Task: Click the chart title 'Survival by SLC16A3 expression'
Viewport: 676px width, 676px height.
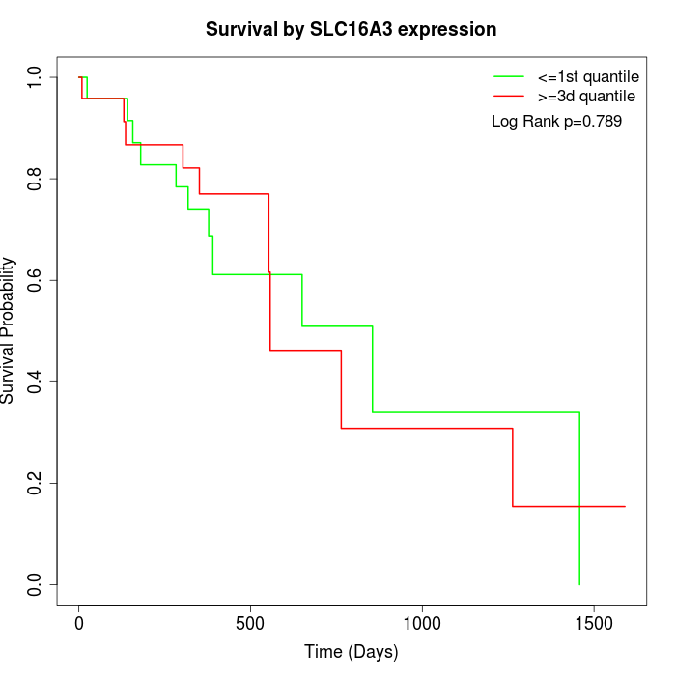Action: pyautogui.click(x=351, y=30)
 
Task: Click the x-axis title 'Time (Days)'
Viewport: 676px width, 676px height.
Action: pyautogui.click(x=351, y=652)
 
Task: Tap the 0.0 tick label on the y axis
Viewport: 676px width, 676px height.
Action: pyautogui.click(x=36, y=584)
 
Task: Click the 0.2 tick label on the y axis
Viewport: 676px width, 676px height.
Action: pyautogui.click(x=36, y=483)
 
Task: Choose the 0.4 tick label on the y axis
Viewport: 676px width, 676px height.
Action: pyautogui.click(x=36, y=381)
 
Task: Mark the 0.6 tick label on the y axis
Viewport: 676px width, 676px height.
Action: pyautogui.click(x=36, y=280)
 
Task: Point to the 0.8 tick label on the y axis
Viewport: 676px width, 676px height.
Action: pyautogui.click(x=36, y=179)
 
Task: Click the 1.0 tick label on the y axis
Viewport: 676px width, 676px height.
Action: pyautogui.click(x=36, y=77)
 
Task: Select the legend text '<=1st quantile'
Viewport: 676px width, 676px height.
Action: pyautogui.click(x=587, y=76)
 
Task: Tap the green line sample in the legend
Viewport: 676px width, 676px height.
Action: pyautogui.click(x=509, y=76)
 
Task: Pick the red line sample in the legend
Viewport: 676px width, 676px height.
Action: pyautogui.click(x=509, y=96)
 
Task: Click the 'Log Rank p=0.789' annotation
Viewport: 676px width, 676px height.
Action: pyautogui.click(x=556, y=122)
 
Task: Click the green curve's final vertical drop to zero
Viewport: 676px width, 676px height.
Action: pyautogui.click(x=579, y=502)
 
